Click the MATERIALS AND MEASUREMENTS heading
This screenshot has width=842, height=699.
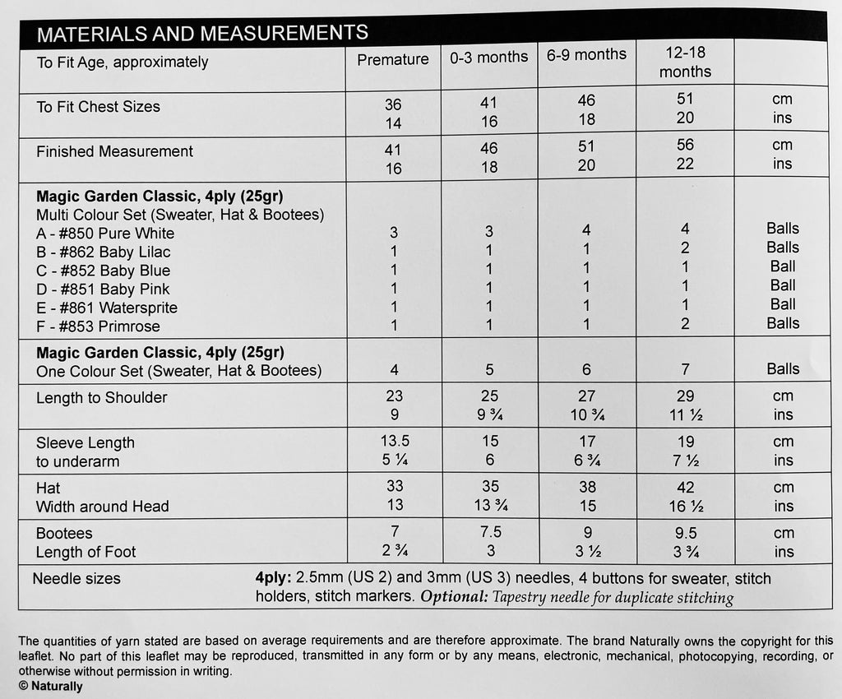coord(202,33)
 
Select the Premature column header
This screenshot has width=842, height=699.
coord(393,59)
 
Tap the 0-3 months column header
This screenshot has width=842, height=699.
coord(488,58)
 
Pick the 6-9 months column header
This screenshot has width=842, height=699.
coord(586,55)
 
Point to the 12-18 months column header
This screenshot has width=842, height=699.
coord(685,62)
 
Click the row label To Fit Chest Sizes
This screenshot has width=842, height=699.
coord(98,107)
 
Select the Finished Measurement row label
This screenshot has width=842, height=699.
coord(114,151)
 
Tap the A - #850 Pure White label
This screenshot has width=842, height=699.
coord(105,234)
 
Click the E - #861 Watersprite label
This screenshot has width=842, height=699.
coord(107,308)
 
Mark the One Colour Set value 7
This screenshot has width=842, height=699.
coord(685,370)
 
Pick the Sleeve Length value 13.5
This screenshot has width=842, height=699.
coord(393,441)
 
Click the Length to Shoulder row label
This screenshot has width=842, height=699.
coord(101,398)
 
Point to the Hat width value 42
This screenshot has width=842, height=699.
coord(685,487)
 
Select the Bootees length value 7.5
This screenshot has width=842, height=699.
coord(488,532)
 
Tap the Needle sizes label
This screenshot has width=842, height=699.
coord(76,579)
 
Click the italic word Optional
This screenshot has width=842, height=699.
coord(454,598)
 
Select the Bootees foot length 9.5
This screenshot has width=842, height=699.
coord(685,533)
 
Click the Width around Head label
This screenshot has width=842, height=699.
coord(102,507)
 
